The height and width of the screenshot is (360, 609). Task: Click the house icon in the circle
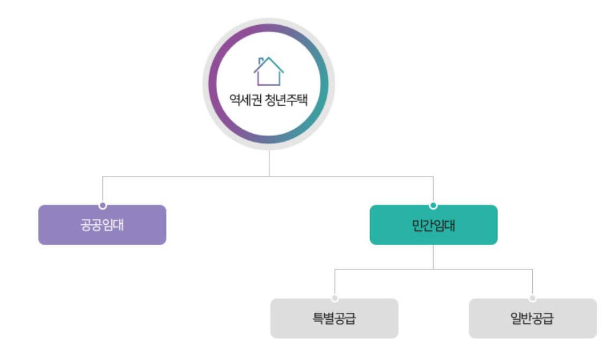(268, 71)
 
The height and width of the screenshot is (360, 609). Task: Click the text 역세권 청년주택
(268, 100)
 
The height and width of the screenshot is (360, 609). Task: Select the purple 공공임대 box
(102, 225)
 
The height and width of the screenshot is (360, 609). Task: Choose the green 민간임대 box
(434, 225)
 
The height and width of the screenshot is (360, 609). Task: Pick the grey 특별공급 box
(334, 319)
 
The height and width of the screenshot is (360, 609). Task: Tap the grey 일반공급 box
(532, 319)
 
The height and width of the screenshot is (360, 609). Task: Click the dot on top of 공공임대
(102, 205)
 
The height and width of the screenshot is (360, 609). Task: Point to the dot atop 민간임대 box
(434, 205)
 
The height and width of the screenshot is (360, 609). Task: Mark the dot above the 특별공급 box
(335, 298)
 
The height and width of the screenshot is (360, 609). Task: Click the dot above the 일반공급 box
(532, 298)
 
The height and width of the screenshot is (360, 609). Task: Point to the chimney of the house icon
(260, 61)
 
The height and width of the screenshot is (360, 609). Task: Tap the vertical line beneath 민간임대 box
(434, 256)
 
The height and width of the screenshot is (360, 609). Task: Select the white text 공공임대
(102, 225)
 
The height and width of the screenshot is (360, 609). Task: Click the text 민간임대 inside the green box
(434, 225)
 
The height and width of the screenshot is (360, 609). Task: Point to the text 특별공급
(334, 319)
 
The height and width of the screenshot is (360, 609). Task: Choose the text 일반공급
(532, 319)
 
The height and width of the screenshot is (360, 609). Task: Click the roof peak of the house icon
(269, 58)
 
